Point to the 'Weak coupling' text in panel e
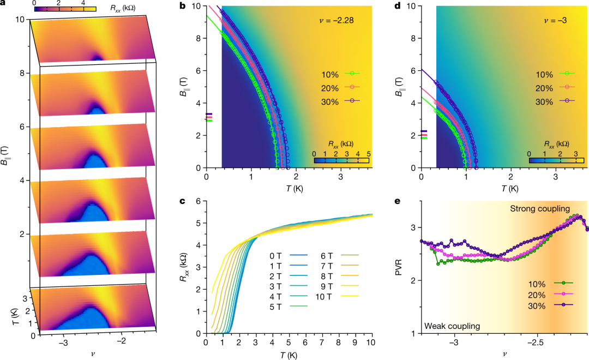452,326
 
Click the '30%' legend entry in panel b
329,101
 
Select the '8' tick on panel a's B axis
20,73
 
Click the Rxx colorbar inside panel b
342,160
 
